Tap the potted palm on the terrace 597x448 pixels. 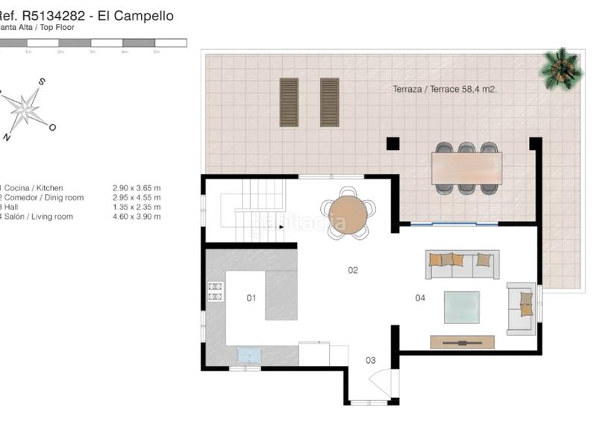point(561,69)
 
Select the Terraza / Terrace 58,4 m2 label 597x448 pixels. point(445,89)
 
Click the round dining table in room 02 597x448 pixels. point(348,214)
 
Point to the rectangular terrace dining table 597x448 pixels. point(466,168)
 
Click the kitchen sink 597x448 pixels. point(248,354)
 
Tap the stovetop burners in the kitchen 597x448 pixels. point(215,291)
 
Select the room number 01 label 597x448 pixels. point(251,298)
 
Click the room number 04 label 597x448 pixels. point(420,298)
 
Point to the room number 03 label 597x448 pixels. point(370,361)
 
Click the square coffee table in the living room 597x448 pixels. point(462,307)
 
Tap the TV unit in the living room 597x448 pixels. point(462,342)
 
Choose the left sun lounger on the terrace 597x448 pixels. point(289,102)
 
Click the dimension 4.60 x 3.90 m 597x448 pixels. point(137,217)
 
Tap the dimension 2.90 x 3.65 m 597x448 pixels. point(137,188)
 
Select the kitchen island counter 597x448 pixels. point(281,295)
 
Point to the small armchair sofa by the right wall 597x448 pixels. point(521,308)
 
